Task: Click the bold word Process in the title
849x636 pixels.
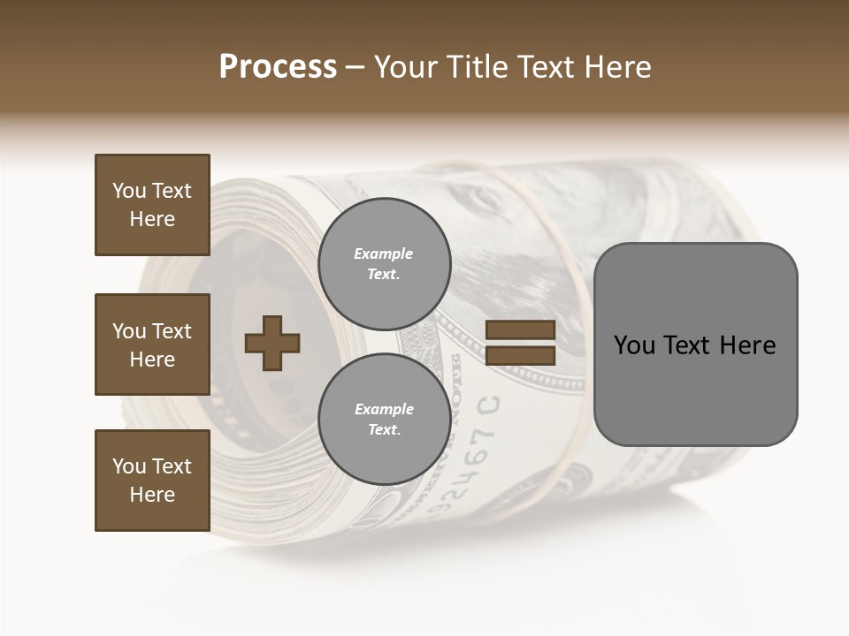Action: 278,67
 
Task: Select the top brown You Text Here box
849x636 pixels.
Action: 152,205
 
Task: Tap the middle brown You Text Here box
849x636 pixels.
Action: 152,344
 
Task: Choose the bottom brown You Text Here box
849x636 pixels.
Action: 152,481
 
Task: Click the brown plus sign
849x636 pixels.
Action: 272,343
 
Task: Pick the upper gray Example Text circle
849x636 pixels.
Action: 384,264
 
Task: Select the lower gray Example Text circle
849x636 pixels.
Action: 384,420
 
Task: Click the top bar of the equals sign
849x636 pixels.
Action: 520,330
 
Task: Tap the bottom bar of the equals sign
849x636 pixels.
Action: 520,356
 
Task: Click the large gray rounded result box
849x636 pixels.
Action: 695,344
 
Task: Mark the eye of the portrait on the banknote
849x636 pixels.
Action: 483,201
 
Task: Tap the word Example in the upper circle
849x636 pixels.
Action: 384,254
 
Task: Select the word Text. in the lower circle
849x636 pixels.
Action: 384,430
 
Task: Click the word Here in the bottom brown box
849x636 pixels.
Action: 152,495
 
